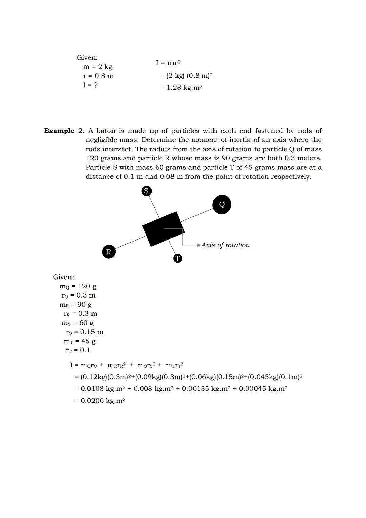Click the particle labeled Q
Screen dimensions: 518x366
point(222,205)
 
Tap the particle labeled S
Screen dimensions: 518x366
point(146,191)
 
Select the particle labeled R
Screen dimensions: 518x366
point(108,252)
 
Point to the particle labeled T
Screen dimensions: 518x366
point(177,259)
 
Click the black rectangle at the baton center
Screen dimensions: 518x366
point(163,229)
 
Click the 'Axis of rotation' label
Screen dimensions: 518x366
point(225,245)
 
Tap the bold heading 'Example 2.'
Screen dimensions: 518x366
point(64,131)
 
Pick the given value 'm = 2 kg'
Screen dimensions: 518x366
point(98,67)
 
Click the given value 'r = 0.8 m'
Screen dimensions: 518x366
point(98,76)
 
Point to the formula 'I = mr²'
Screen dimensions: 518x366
point(168,63)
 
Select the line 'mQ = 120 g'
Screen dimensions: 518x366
point(78,286)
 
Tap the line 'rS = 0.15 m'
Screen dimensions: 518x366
point(84,332)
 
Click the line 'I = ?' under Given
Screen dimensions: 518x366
point(90,85)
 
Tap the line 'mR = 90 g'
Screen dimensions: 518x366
point(76,305)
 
